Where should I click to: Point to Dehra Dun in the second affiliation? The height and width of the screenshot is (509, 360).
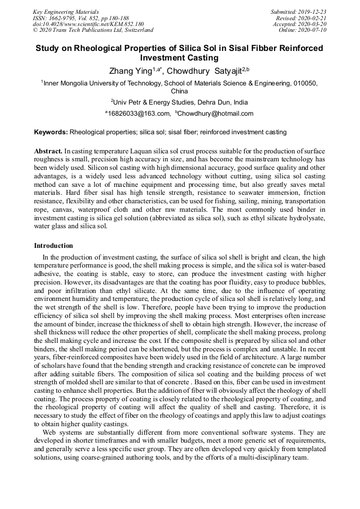(x=215, y=102)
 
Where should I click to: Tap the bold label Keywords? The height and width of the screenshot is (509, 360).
(x=51, y=132)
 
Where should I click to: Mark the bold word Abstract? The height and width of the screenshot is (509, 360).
(x=48, y=151)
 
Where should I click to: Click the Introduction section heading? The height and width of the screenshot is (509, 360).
(x=54, y=246)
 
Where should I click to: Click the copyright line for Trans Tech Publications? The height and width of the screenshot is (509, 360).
(x=93, y=30)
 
